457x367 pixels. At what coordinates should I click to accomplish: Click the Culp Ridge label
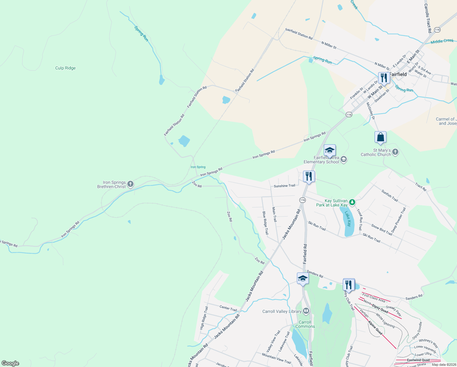coord(65,68)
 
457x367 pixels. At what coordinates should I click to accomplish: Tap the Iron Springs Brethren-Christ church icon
coord(130,184)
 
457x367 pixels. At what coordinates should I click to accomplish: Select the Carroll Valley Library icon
coord(306,311)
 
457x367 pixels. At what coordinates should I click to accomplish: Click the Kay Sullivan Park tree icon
coord(352,202)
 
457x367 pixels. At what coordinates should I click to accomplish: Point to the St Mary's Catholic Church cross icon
coord(395,152)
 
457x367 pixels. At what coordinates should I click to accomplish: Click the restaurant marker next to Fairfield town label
coord(384,78)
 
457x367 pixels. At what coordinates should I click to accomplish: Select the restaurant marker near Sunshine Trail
coord(309,176)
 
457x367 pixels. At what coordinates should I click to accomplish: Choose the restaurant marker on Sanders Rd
coord(349,285)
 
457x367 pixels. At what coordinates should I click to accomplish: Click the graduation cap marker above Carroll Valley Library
coord(302,279)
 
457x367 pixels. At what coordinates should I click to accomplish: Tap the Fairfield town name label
coord(398,74)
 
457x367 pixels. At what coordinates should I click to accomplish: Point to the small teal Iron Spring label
coord(198,167)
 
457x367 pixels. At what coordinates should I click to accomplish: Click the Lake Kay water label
coord(348,219)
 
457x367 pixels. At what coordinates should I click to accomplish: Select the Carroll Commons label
coord(305,324)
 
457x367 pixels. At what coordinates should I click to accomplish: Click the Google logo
coord(10,363)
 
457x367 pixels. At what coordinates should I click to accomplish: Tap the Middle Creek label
coord(442,41)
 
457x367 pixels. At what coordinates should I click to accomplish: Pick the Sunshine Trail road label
coord(284,186)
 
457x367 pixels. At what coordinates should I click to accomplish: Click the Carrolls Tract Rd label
coord(428,18)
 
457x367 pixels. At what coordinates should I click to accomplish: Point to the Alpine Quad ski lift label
coord(375,327)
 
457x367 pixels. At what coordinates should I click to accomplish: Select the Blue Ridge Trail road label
coord(265,223)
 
